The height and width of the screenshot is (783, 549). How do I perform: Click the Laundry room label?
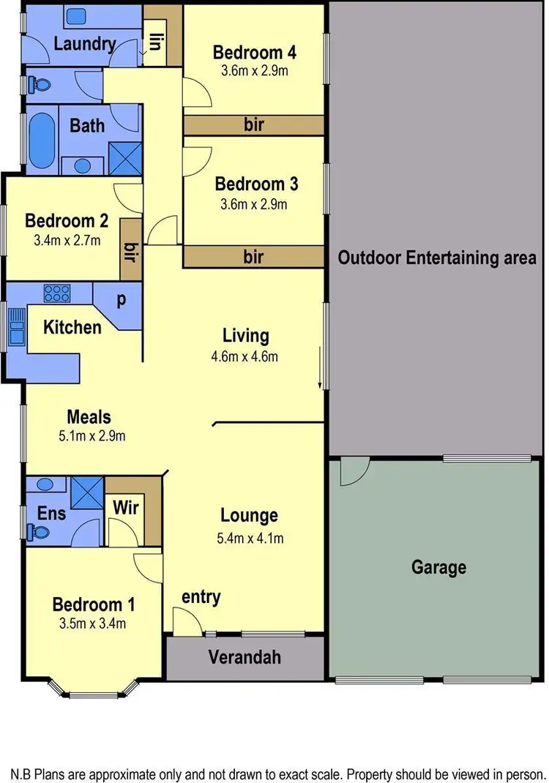(85, 44)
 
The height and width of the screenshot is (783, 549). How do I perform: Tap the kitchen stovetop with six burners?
(57, 294)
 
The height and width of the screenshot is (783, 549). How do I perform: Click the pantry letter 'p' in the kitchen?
(121, 300)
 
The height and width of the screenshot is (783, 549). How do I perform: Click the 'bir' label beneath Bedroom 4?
(253, 125)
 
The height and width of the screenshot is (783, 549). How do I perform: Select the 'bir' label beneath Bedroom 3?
(253, 257)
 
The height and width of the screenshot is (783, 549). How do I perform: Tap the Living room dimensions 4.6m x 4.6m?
(245, 357)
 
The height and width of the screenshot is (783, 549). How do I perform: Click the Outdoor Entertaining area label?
(437, 258)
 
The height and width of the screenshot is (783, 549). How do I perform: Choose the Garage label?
(438, 567)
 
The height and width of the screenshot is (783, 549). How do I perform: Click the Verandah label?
(245, 656)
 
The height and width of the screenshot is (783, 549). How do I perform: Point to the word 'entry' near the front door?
(201, 597)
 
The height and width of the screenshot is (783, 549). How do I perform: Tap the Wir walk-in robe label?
(125, 506)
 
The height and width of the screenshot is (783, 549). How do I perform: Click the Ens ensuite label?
(51, 514)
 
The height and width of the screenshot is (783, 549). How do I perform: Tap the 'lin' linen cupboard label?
(156, 41)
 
